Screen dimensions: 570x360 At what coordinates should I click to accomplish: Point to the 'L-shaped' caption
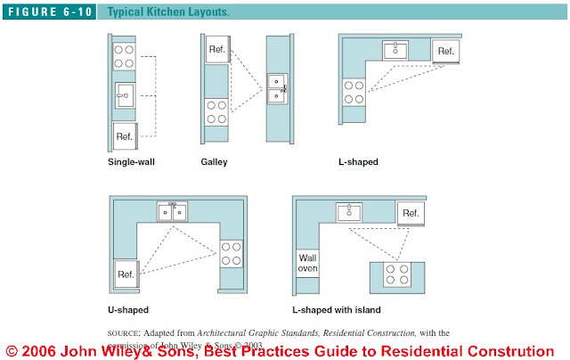359,162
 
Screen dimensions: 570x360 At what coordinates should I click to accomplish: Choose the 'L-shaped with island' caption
337,309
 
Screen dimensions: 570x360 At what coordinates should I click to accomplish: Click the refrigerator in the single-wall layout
125,137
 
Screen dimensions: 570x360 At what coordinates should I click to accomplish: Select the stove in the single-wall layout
125,56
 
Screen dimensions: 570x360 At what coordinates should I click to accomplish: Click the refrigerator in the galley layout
216,50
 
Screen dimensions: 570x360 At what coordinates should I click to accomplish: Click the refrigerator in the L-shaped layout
444,52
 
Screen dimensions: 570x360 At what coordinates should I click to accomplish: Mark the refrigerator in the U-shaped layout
126,275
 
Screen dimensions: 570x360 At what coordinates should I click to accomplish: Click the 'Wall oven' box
308,265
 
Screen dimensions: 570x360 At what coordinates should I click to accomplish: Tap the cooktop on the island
395,274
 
